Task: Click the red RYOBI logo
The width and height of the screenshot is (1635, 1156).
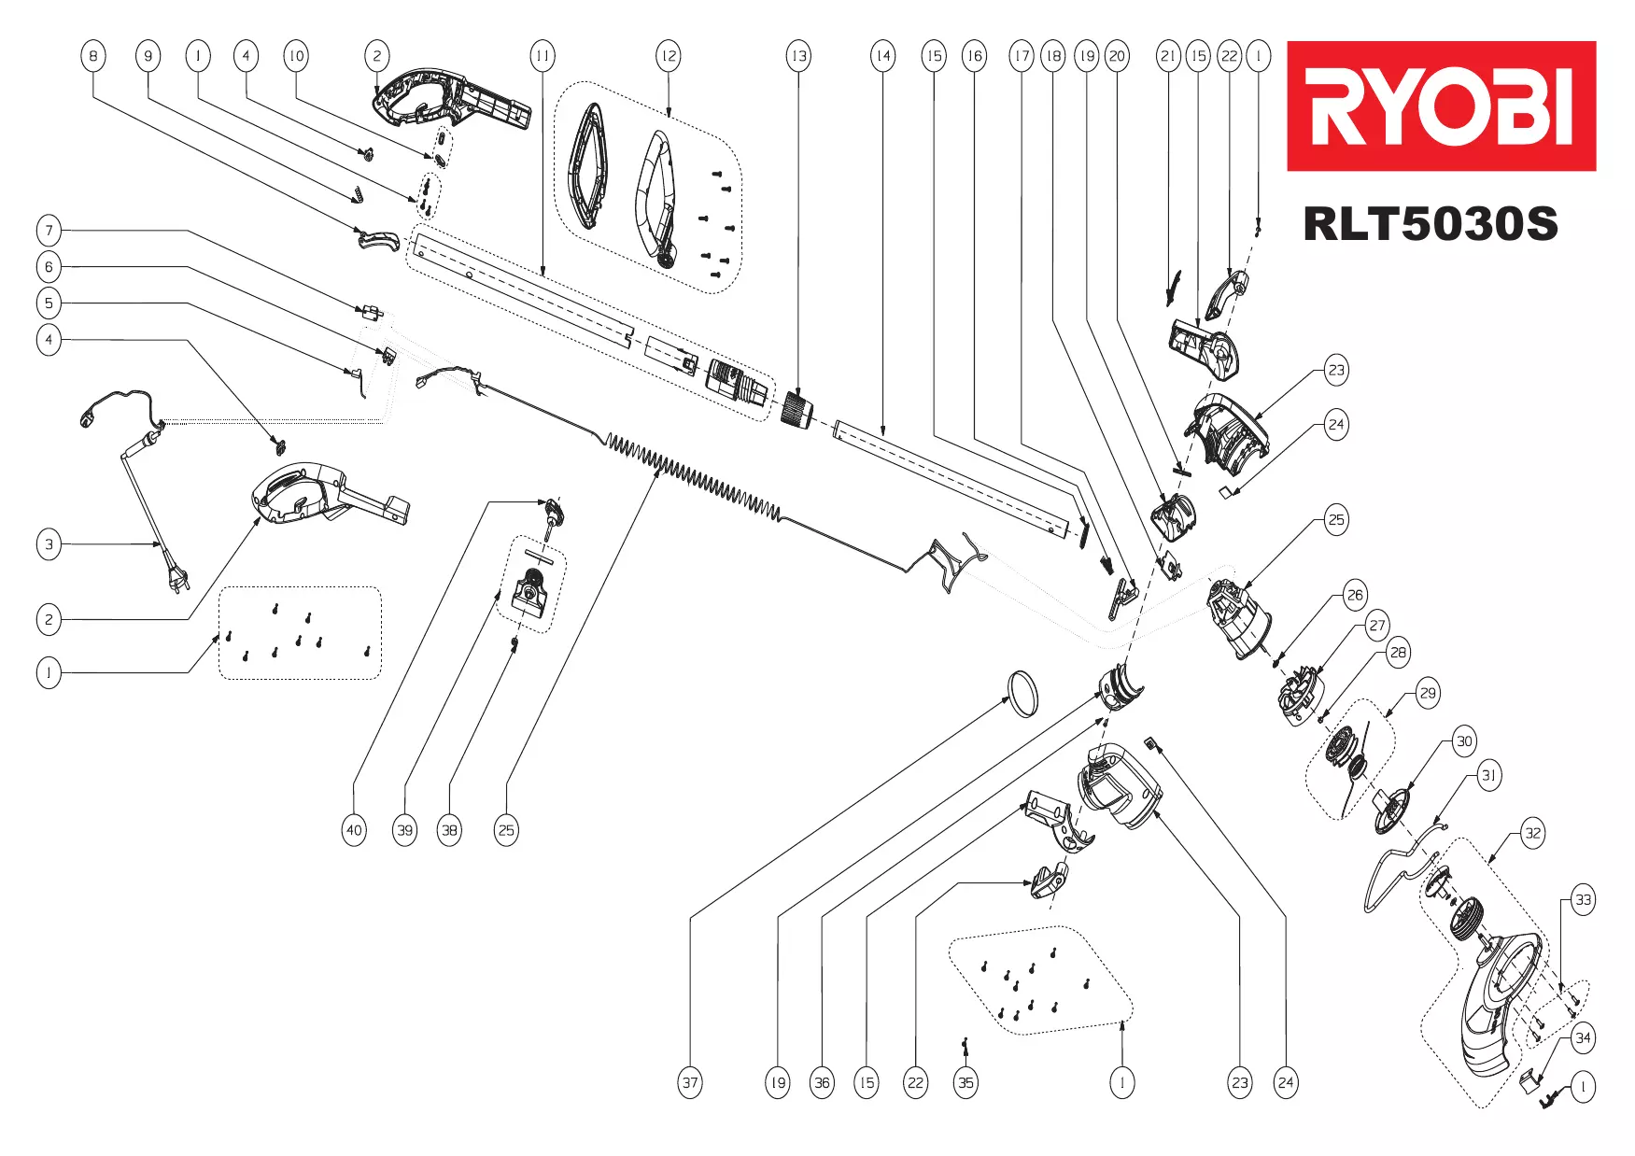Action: [1441, 106]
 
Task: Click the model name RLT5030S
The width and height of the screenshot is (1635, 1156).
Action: [1430, 224]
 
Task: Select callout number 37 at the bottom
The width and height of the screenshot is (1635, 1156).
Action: [690, 1083]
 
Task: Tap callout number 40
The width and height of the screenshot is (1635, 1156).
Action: [354, 830]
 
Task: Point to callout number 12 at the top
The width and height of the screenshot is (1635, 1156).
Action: [669, 56]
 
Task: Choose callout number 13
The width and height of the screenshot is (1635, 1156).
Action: [798, 56]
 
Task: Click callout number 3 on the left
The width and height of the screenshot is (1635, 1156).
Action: [49, 544]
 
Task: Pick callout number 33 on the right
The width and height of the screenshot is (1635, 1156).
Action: [1583, 900]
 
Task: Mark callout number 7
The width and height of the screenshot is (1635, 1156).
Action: [49, 230]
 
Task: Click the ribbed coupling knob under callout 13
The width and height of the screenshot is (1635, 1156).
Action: [796, 411]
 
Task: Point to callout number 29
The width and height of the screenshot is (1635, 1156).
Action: [1428, 693]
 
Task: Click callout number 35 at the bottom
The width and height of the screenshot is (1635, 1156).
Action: [965, 1083]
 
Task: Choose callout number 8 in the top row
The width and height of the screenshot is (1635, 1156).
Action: [92, 56]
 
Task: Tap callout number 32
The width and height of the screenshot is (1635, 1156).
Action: [1532, 833]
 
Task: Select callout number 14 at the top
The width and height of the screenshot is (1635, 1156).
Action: [882, 56]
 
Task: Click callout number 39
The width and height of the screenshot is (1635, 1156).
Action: [404, 830]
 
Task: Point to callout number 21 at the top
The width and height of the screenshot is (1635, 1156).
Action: [1168, 56]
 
